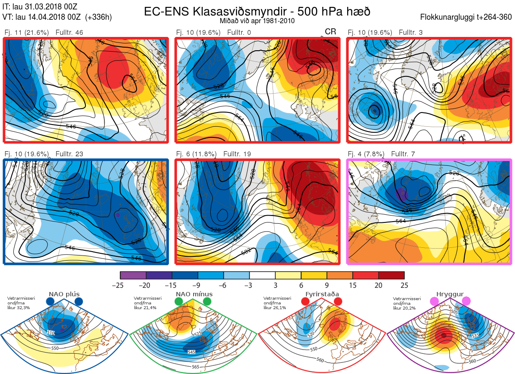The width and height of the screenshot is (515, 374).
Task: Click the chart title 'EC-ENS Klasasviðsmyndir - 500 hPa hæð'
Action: (257, 12)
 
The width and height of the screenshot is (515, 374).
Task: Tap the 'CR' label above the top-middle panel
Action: (330, 32)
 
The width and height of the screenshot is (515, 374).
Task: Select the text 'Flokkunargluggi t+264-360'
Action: (467, 18)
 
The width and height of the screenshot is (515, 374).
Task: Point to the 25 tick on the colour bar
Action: (404, 285)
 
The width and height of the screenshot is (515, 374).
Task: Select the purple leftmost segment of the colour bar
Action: (133, 275)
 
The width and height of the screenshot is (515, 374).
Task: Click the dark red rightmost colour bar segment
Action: (391, 275)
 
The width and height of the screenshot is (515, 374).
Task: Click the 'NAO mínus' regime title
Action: (194, 294)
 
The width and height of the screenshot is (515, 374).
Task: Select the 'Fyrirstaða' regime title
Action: (322, 294)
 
